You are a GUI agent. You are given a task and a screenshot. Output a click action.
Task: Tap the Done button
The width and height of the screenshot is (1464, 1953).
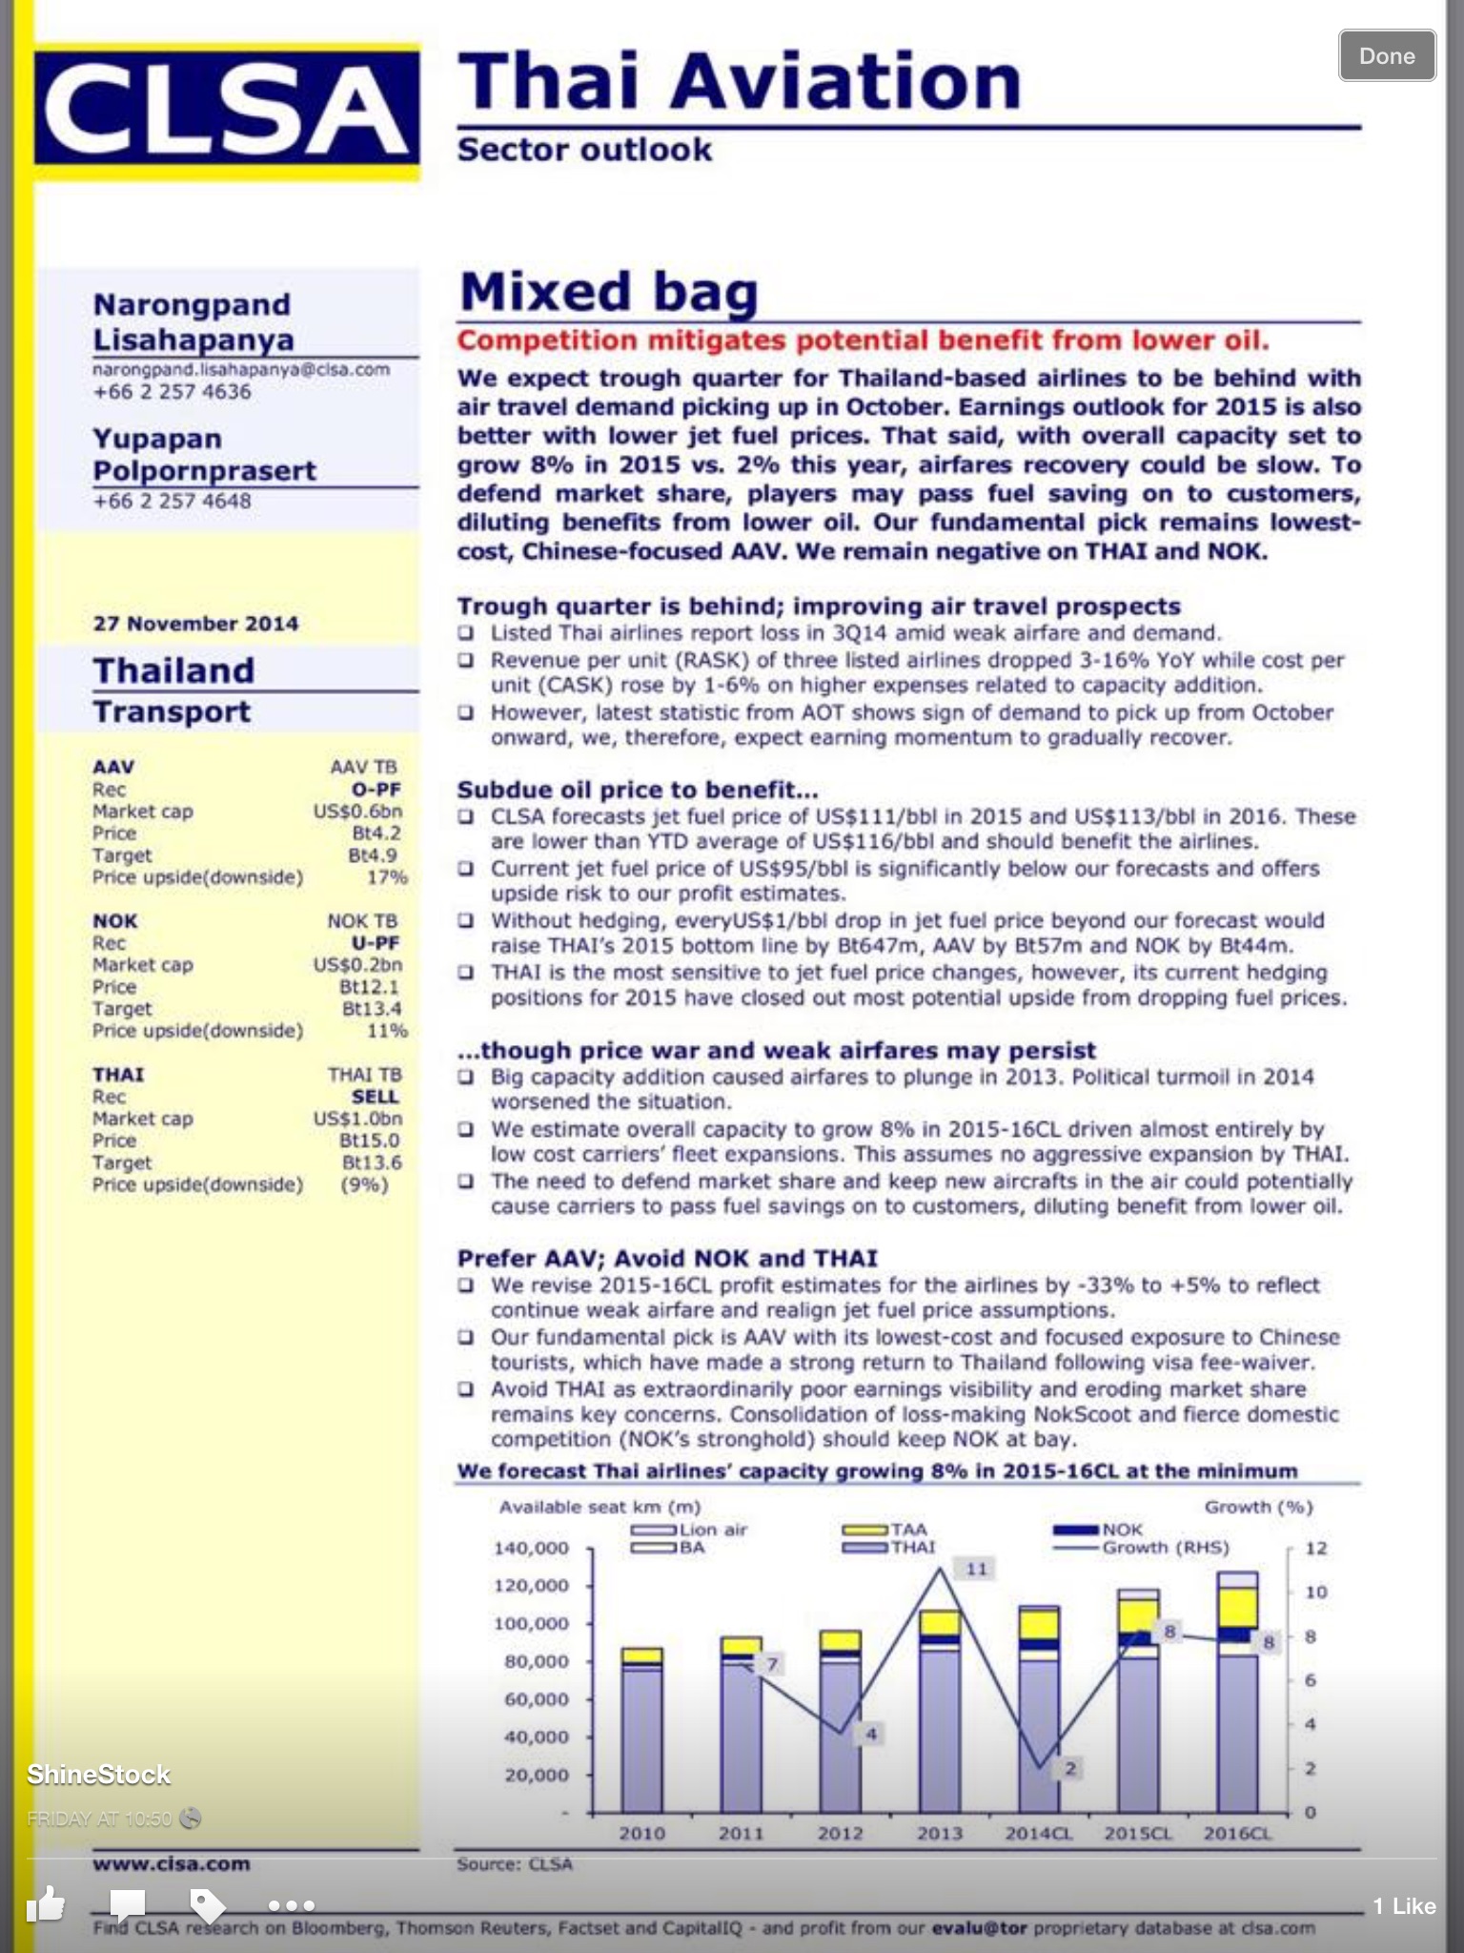coord(1386,55)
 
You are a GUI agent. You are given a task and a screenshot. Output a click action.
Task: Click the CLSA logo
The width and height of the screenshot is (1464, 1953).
coord(227,111)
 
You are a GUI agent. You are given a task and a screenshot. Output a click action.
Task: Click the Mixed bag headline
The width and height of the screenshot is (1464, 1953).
coord(608,291)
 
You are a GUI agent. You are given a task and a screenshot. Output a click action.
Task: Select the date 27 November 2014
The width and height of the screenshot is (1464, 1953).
coord(195,624)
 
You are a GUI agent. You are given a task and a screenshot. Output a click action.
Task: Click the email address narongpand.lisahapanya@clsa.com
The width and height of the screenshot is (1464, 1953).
coord(241,370)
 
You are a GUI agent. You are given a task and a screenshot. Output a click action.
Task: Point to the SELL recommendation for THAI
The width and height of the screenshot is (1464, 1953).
coord(375,1097)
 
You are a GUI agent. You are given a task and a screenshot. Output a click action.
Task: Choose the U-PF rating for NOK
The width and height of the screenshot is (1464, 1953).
coord(375,943)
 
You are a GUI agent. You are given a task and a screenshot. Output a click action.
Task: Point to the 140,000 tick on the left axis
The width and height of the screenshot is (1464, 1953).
coord(531,1548)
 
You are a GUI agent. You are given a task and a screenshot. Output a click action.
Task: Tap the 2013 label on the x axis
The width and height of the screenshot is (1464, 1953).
coord(939,1833)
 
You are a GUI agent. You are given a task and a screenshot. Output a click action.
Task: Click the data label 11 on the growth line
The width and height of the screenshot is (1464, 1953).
coord(977,1569)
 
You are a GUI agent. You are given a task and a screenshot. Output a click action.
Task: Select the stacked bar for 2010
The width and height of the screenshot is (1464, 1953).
coord(641,1731)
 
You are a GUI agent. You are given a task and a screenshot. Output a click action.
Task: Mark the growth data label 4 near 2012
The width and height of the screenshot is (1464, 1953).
coord(870,1734)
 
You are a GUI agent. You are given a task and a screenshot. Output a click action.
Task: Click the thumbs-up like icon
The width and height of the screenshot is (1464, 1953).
coord(45,1904)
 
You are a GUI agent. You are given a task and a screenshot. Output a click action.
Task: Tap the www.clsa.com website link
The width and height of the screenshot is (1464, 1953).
coord(172,1864)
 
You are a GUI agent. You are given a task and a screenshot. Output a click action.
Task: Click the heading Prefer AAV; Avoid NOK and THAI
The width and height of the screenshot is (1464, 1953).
coord(667,1258)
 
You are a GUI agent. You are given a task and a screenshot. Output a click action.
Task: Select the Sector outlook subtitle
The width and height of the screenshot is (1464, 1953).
coord(584,150)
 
